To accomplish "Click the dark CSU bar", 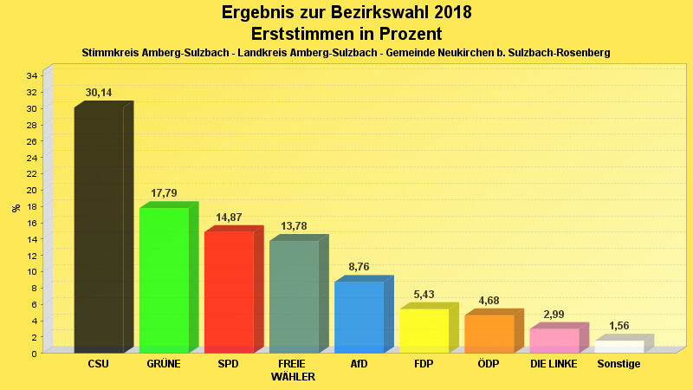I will [99, 230].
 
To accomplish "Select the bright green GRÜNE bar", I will [164, 279].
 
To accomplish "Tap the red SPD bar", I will [229, 291].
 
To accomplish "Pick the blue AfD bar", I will [359, 316].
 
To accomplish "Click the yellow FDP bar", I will [424, 330].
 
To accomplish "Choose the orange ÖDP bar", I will [489, 333].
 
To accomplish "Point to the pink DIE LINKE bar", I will [554, 340].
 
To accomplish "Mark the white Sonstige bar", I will [619, 346].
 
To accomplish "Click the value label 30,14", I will [99, 93].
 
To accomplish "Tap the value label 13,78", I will [294, 225].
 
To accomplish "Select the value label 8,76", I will [359, 267].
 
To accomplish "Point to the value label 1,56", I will [619, 326].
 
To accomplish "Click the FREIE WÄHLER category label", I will [293, 370].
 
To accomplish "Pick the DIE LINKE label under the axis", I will [554, 364].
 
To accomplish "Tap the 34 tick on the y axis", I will [31, 76].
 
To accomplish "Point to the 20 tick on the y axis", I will [31, 190].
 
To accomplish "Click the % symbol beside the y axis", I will [16, 208].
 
